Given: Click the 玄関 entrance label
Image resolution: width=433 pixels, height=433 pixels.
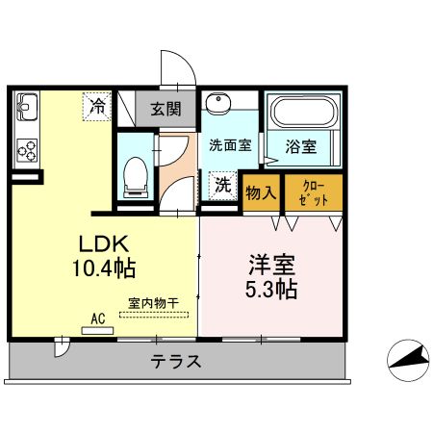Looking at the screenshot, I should (166, 109).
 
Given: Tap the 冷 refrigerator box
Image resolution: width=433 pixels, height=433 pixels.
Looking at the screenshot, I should (98, 104).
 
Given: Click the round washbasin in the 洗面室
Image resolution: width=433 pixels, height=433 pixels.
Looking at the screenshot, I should (219, 105).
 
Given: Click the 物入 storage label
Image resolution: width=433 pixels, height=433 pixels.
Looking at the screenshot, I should (261, 192).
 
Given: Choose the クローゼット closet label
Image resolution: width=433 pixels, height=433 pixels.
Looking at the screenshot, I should (314, 192).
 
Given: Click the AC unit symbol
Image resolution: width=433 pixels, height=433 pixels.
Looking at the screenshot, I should (97, 330).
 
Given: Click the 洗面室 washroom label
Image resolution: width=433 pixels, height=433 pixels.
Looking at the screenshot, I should (229, 145).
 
